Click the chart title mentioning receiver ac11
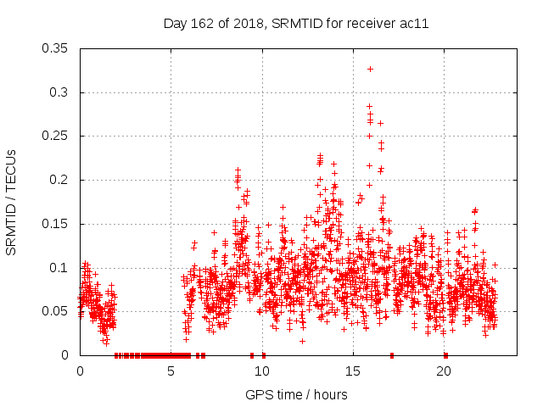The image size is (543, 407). (x=295, y=24)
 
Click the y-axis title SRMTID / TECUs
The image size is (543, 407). (x=11, y=203)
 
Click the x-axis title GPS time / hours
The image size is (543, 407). (x=296, y=394)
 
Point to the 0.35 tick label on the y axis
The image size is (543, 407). (x=55, y=48)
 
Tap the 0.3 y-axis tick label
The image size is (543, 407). (x=59, y=92)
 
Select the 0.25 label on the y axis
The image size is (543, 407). (x=55, y=136)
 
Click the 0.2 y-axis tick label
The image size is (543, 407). (x=59, y=180)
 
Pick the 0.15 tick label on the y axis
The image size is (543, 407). (x=55, y=224)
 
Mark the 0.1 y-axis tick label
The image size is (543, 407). (x=59, y=268)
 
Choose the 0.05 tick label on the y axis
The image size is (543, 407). (x=55, y=311)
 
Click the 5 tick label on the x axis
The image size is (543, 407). (x=171, y=371)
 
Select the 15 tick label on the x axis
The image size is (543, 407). (x=353, y=371)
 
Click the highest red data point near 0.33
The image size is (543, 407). (x=370, y=69)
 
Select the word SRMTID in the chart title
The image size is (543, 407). (x=296, y=24)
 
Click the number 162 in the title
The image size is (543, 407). (x=204, y=24)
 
